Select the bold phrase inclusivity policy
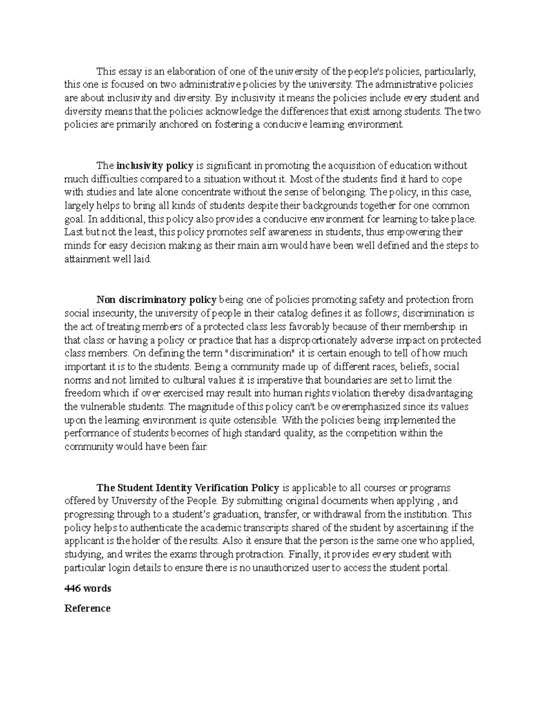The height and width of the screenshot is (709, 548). (x=155, y=165)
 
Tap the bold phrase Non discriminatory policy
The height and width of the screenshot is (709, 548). (x=156, y=300)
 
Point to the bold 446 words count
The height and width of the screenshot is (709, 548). (x=88, y=588)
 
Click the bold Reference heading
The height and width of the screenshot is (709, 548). (x=87, y=609)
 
